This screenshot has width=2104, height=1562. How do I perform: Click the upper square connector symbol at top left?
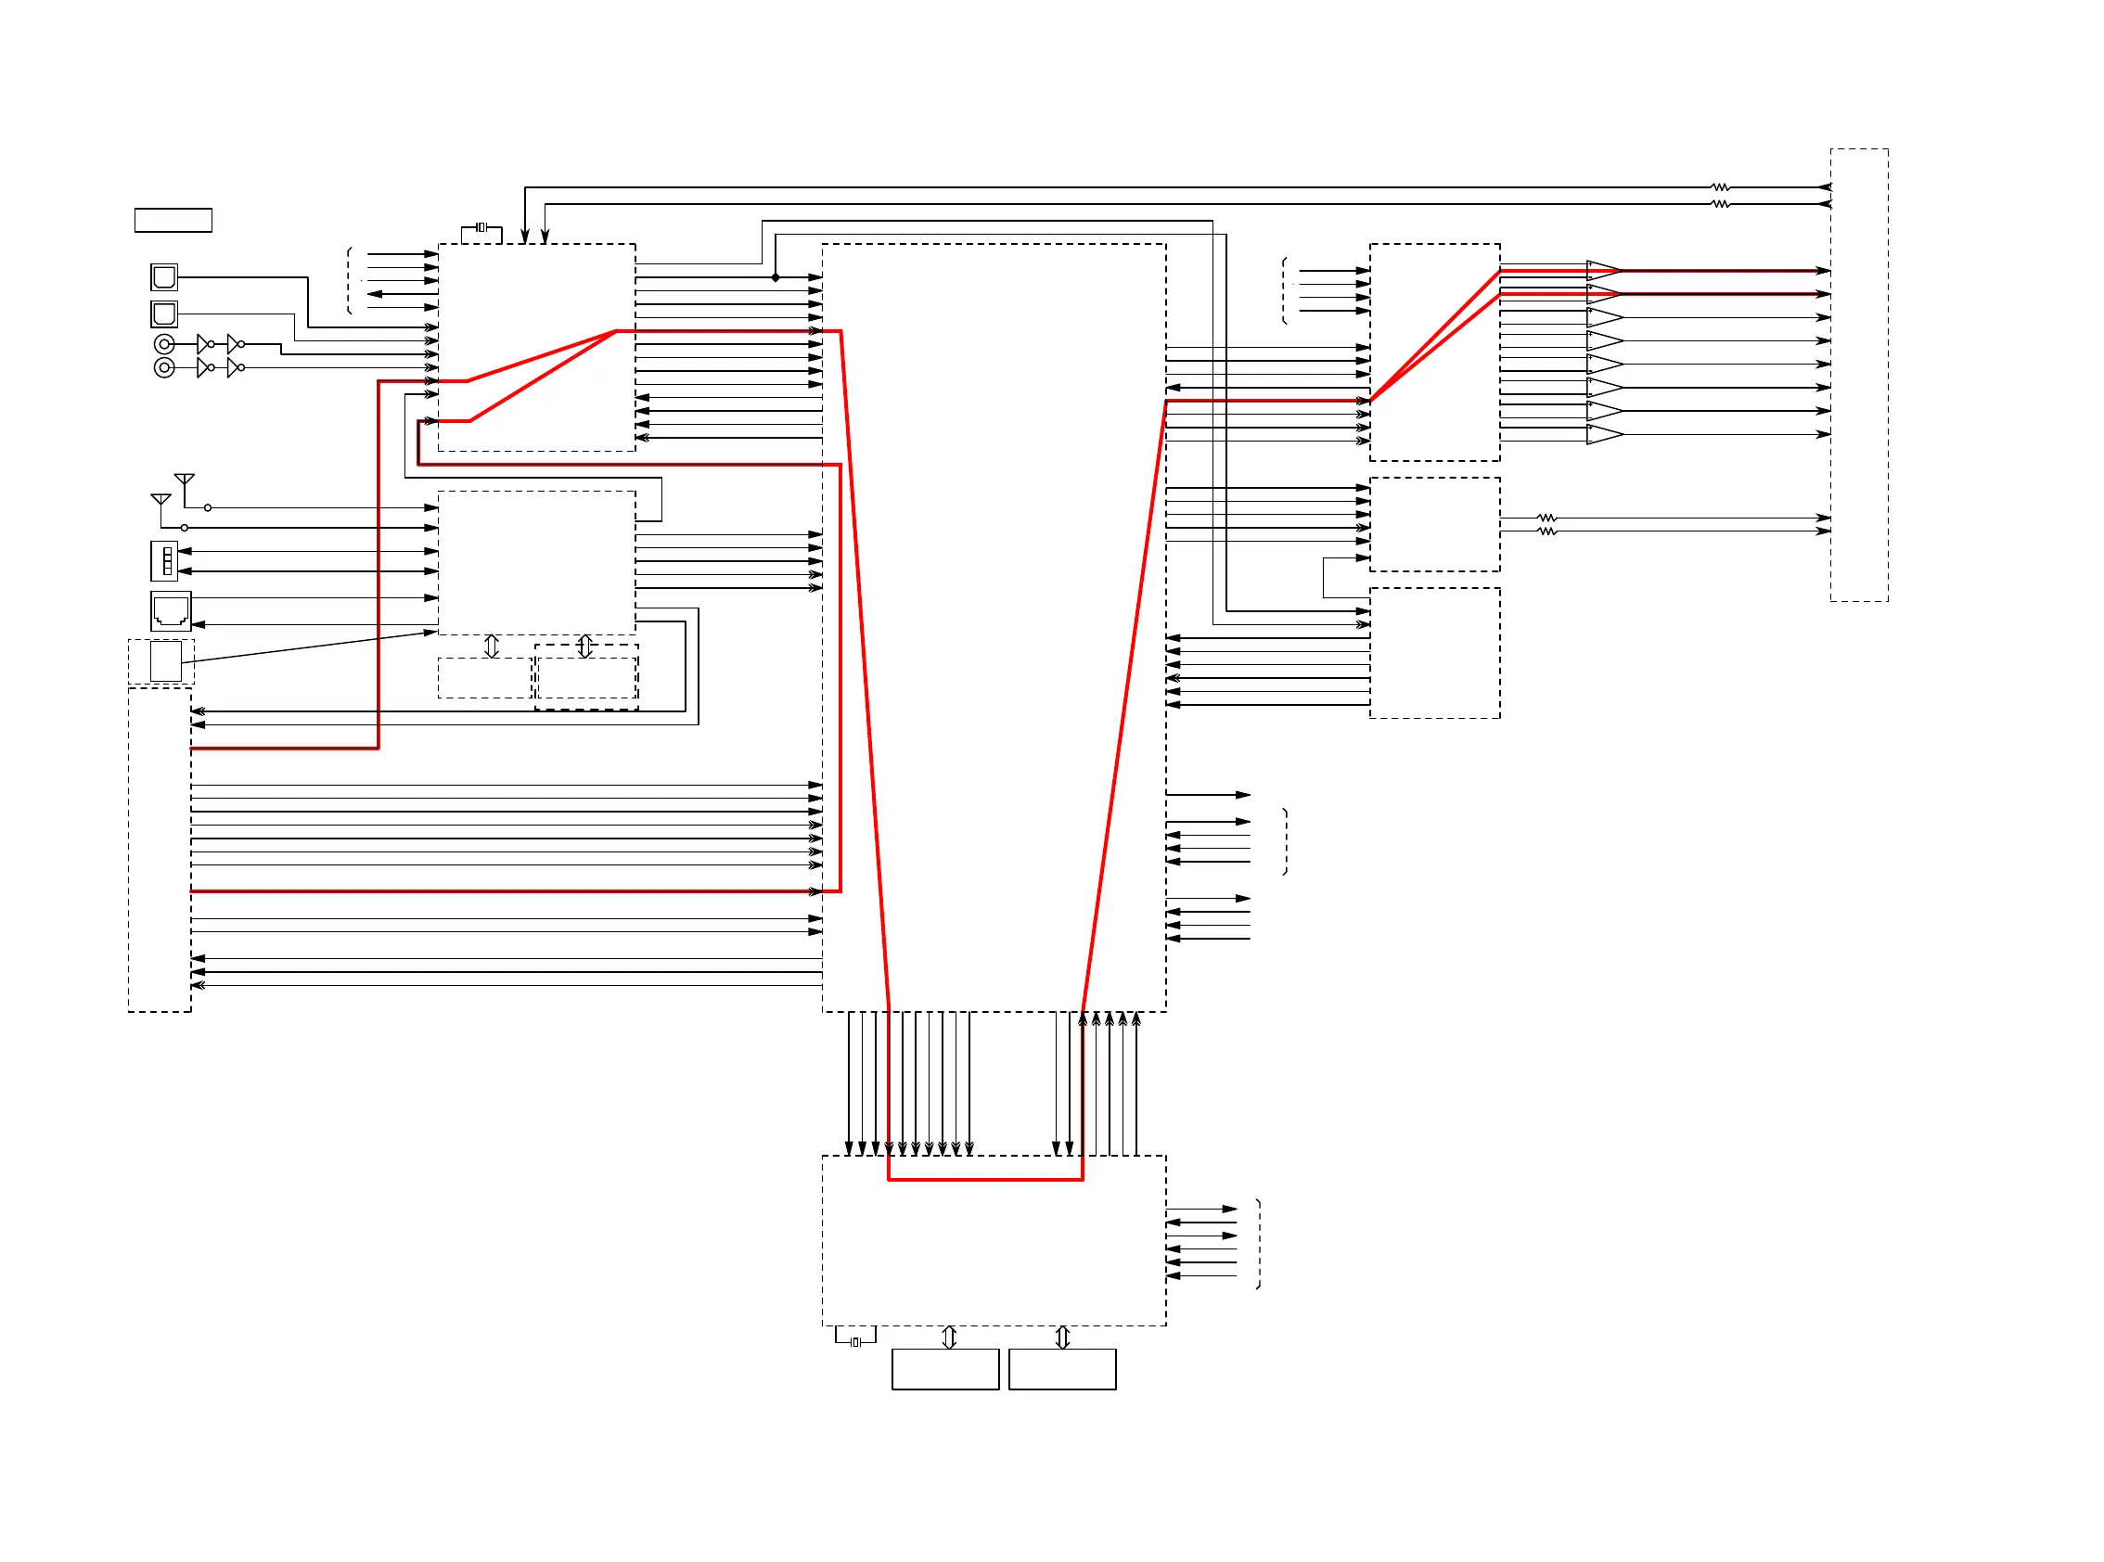tap(163, 277)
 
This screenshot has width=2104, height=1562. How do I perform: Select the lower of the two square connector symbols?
tap(163, 313)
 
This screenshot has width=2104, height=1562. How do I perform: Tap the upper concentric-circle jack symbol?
tap(163, 344)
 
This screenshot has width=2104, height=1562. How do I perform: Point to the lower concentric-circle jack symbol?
tap(163, 367)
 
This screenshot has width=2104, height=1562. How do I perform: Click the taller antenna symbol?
tap(185, 480)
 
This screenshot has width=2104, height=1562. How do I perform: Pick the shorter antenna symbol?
tap(160, 499)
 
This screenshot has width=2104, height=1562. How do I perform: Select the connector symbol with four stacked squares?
tap(164, 560)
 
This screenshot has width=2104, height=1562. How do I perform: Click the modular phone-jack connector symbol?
tap(170, 611)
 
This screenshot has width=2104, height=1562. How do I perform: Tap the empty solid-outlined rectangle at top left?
tap(173, 219)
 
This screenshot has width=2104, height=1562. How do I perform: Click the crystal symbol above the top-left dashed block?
tap(481, 227)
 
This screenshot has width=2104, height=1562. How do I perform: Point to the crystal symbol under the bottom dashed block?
tap(854, 1341)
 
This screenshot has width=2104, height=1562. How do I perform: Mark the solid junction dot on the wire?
tap(776, 277)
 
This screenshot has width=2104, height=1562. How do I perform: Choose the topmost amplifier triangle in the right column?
tap(1604, 269)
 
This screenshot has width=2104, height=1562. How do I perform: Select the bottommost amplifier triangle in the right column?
tap(1604, 434)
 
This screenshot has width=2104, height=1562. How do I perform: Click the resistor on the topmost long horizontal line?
tap(1721, 187)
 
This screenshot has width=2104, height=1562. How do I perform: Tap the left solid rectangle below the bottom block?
tap(944, 1368)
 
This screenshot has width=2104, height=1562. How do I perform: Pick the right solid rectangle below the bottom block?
tap(1062, 1368)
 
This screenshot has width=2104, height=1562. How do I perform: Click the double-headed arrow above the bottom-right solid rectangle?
tap(1062, 1337)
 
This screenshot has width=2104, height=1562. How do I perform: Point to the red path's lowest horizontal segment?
tap(984, 1179)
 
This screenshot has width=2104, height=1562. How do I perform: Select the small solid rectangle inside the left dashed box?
tap(165, 661)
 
